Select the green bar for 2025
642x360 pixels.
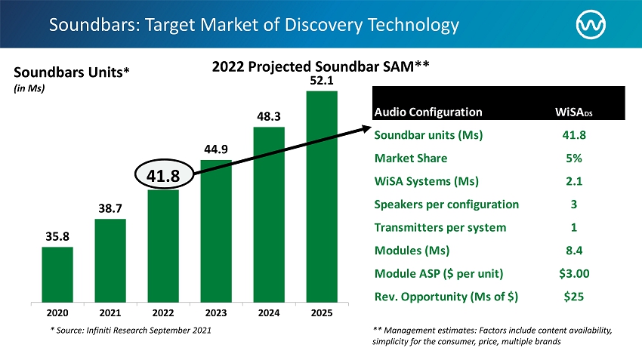coord(322,196)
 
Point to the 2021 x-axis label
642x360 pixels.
coord(110,311)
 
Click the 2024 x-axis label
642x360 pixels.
coord(269,311)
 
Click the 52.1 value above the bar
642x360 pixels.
coord(322,80)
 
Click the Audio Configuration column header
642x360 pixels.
coord(428,112)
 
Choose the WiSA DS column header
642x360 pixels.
coord(574,112)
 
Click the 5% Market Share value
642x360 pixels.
coord(573,158)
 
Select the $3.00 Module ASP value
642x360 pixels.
coord(573,273)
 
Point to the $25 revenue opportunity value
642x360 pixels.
coord(573,297)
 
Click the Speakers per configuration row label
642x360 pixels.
coord(446,205)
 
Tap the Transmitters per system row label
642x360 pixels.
coord(441,227)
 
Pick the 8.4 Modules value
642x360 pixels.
coord(573,251)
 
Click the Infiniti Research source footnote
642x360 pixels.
coord(125,331)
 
